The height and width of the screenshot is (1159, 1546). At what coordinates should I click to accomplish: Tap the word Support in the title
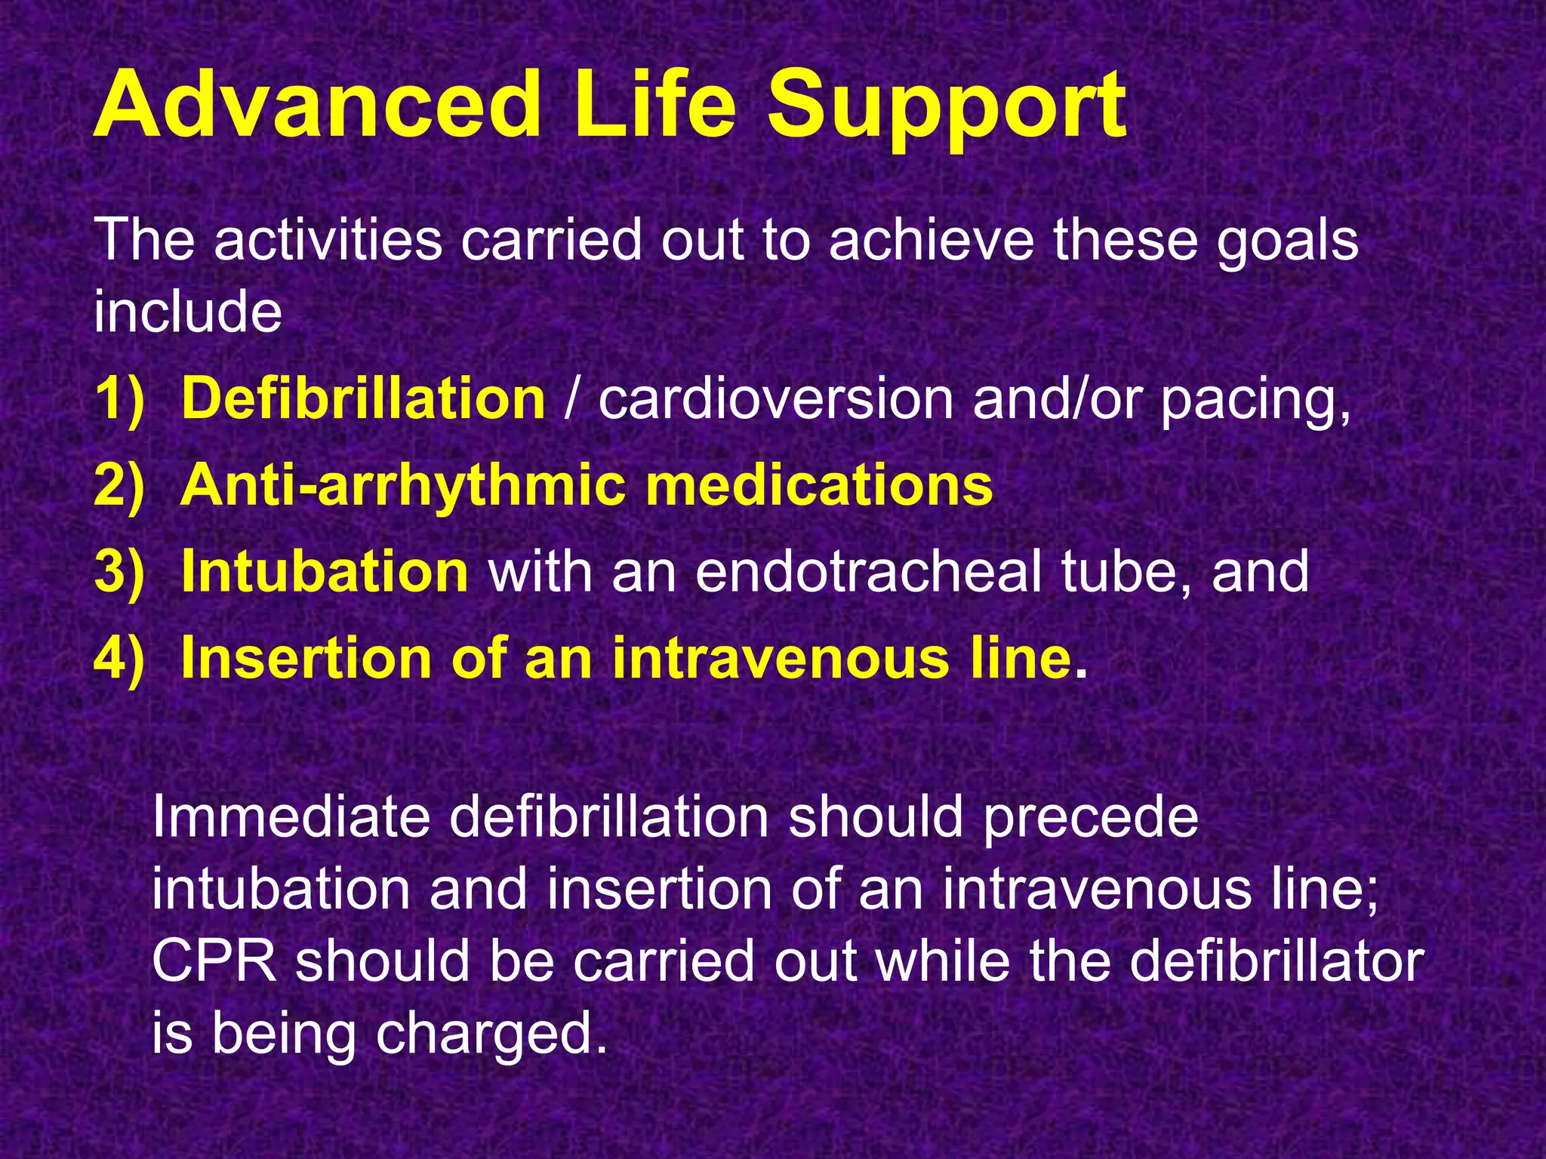[x=947, y=109]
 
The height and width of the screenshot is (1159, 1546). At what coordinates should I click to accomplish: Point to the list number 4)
[x=119, y=659]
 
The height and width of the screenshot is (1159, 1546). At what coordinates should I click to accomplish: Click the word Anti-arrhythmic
[x=403, y=487]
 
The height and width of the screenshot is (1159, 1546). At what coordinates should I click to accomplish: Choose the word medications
[x=819, y=485]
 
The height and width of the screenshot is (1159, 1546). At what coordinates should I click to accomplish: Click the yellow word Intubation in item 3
[x=325, y=571]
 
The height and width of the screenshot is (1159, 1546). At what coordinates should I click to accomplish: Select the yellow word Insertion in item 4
[x=306, y=658]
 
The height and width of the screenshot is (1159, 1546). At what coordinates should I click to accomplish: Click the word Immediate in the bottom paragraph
[x=290, y=817]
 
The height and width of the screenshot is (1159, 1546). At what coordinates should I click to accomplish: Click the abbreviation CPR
[x=214, y=961]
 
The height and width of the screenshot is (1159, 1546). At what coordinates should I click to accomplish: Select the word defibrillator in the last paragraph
[x=1276, y=961]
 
